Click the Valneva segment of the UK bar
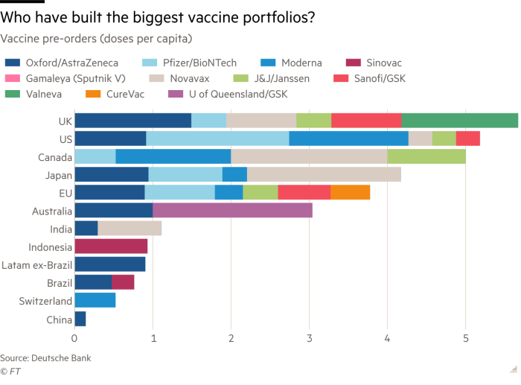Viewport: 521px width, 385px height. click(459, 121)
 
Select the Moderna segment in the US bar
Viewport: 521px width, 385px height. click(348, 139)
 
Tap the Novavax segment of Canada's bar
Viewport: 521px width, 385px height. click(309, 156)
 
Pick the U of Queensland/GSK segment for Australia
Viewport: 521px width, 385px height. click(232, 211)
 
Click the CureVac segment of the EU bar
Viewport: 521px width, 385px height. click(350, 193)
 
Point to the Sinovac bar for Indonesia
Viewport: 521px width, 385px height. click(111, 246)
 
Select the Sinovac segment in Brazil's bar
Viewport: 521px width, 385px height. click(123, 282)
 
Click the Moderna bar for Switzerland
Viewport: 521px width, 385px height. click(95, 300)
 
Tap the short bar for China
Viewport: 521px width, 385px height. click(80, 319)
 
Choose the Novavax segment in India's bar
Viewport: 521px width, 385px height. click(130, 229)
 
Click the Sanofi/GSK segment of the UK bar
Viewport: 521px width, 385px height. click(366, 121)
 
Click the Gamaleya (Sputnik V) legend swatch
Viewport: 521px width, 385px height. click(13, 78)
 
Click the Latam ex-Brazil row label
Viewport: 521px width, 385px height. click(36, 264)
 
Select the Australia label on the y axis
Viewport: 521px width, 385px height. click(52, 211)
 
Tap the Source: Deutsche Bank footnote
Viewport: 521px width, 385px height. click(45, 358)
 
